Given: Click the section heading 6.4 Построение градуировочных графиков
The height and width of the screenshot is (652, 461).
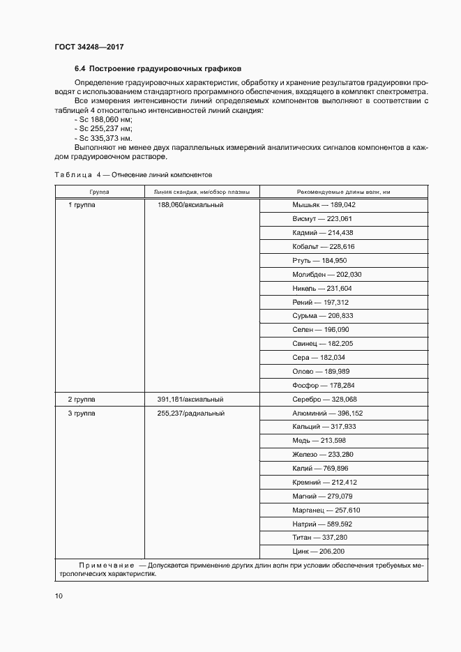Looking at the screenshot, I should pos(158,69).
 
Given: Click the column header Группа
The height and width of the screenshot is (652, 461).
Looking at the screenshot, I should pos(98,192).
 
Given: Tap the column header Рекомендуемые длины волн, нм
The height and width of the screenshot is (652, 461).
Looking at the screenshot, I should pos(343,192).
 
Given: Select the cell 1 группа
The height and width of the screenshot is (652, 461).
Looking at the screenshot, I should pos(83,205).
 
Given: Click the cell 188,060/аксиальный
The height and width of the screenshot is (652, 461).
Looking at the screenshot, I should pos(190,205).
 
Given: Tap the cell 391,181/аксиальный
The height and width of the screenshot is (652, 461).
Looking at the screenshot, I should pos(190,400).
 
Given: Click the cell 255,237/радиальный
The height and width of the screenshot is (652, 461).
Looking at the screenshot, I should pos(190,414).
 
